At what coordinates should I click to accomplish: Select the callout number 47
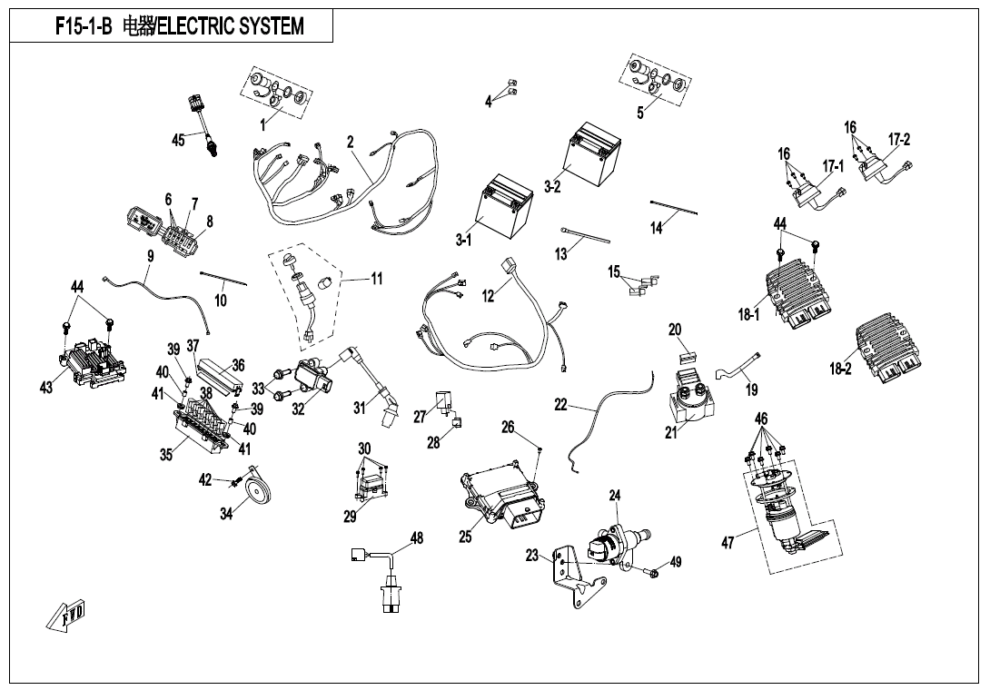point(728,542)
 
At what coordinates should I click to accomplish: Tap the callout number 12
point(489,296)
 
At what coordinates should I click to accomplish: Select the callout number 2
point(350,142)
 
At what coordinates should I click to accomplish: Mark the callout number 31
point(360,409)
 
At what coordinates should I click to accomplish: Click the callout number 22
point(560,405)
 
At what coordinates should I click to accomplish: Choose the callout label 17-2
point(899,139)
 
